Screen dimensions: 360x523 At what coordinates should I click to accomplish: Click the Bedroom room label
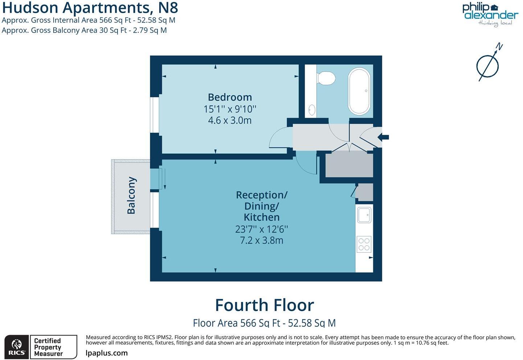click(x=230, y=97)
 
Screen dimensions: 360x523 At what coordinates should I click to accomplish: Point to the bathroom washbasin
click(x=312, y=109)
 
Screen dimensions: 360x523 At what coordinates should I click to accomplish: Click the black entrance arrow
click(x=383, y=137)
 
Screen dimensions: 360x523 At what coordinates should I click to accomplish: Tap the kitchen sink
click(x=364, y=215)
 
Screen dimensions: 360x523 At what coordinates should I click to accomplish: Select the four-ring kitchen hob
click(x=364, y=244)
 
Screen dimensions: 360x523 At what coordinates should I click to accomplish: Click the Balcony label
click(x=131, y=195)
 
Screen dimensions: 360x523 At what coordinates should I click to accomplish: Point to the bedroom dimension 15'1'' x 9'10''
click(x=230, y=109)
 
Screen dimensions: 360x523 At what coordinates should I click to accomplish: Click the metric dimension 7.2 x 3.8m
click(x=261, y=240)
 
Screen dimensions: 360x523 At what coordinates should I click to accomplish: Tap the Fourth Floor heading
click(x=264, y=305)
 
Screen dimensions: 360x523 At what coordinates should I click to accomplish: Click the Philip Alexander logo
click(x=490, y=14)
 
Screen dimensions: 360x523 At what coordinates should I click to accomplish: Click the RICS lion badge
click(x=16, y=347)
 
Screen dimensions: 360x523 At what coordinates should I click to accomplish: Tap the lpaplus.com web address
click(x=107, y=353)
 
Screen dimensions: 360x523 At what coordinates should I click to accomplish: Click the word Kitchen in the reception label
click(x=261, y=217)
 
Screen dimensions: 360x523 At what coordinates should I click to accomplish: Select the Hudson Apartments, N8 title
click(x=90, y=7)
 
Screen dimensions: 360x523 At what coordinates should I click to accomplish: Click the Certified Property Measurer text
click(x=48, y=347)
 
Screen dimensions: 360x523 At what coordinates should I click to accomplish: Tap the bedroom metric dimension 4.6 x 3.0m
click(x=230, y=120)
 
